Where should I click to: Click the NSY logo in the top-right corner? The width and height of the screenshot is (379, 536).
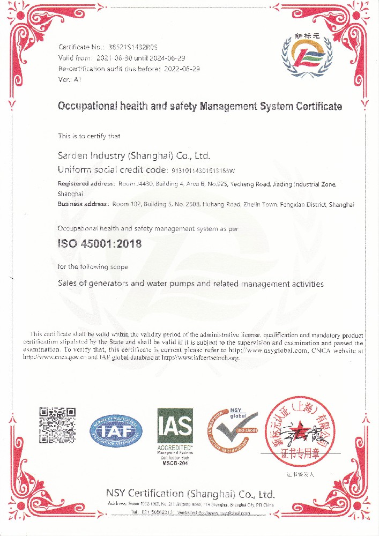(x=304, y=56)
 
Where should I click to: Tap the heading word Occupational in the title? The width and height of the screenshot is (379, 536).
(x=83, y=106)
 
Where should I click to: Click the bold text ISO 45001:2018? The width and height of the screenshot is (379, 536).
(x=99, y=243)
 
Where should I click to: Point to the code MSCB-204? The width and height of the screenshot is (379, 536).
(x=174, y=463)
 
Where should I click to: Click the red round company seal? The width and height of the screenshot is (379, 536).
(x=302, y=431)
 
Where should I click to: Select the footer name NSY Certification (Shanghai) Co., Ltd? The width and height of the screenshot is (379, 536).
(x=190, y=494)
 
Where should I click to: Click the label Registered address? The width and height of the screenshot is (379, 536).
(x=86, y=184)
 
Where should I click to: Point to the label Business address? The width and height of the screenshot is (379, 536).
(x=83, y=205)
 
